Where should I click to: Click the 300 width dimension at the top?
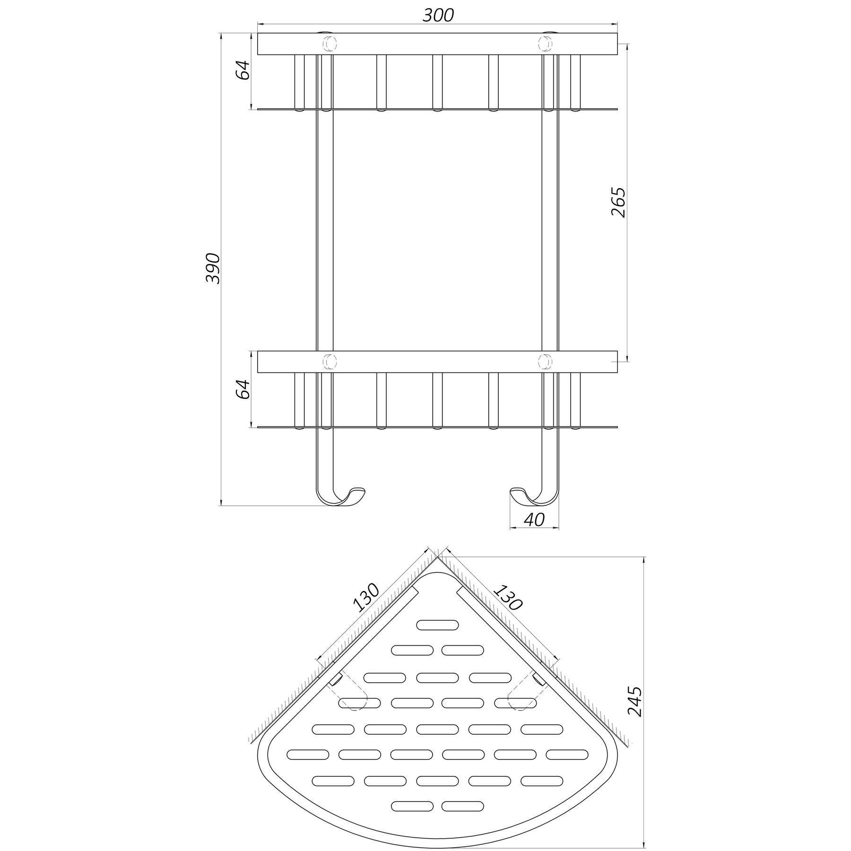click(438, 16)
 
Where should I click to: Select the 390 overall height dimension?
click(213, 269)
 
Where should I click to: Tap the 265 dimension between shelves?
click(618, 202)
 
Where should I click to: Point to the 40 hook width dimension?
click(534, 520)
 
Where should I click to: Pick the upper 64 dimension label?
click(243, 70)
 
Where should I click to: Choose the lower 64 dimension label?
click(243, 389)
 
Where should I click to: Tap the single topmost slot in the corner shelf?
click(437, 625)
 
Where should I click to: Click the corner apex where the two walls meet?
click(438, 557)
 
